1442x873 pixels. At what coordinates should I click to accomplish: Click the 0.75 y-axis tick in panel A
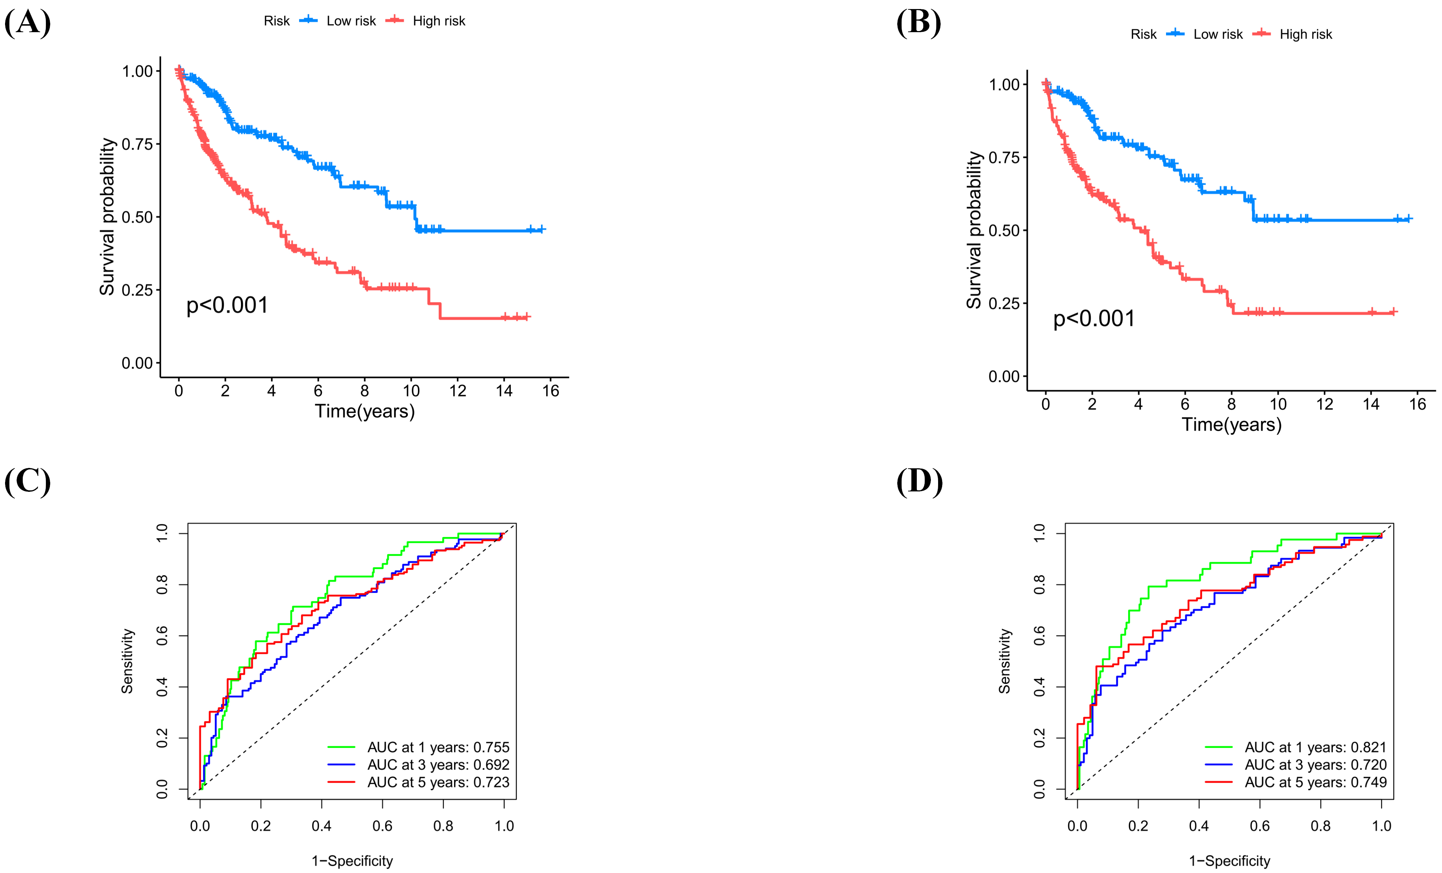point(137,144)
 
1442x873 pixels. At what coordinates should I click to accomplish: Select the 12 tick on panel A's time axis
point(458,391)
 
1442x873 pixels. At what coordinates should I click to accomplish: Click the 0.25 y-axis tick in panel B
point(1004,303)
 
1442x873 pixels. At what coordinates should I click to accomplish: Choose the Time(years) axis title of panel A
point(364,411)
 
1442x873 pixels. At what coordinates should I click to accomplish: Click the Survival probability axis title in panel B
point(974,229)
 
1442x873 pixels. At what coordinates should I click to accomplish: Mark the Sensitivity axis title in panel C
point(128,661)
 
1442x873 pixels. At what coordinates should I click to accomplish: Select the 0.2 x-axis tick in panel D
point(1138,826)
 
